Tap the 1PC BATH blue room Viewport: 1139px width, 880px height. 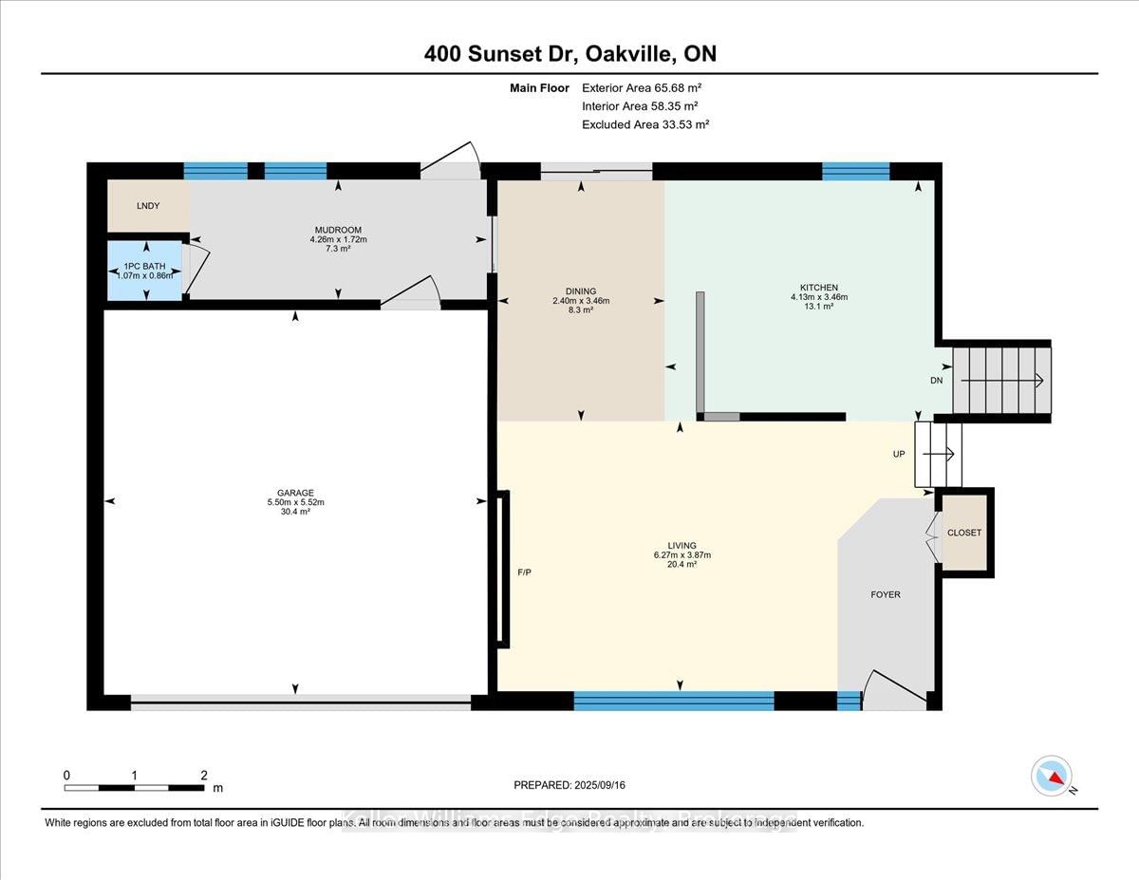(145, 271)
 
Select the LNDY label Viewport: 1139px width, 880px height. (147, 206)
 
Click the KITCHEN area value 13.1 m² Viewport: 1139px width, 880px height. (817, 308)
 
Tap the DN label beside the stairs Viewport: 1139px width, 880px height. (937, 381)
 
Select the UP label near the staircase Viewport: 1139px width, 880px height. (899, 455)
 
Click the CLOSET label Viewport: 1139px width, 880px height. (964, 533)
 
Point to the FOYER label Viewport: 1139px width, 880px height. (886, 595)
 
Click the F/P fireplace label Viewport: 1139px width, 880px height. (524, 573)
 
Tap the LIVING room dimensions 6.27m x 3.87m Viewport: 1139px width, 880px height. (681, 555)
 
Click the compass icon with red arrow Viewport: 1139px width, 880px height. (1052, 776)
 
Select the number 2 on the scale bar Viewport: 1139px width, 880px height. (204, 775)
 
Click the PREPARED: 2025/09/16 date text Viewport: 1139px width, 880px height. (570, 785)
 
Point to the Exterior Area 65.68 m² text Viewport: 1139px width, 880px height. (641, 87)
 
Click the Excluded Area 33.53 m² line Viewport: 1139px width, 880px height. (645, 124)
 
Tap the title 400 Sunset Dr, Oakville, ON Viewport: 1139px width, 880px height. (569, 54)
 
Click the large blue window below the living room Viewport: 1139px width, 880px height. (674, 702)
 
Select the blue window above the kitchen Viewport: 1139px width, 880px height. (855, 171)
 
